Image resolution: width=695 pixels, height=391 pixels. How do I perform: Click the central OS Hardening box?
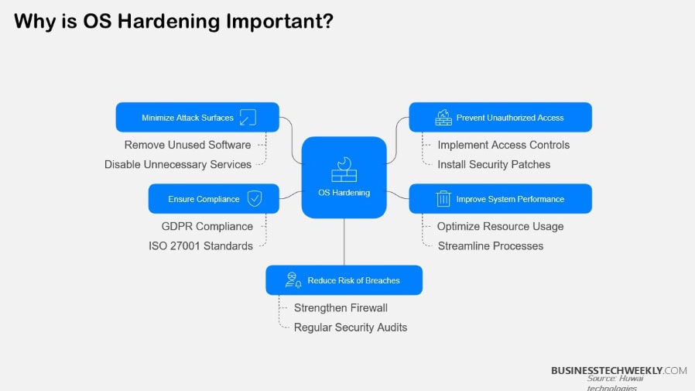pos(344,177)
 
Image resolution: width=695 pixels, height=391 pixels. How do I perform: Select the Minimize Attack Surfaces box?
pos(197,118)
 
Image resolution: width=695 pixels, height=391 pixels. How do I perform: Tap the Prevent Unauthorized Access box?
pos(500,118)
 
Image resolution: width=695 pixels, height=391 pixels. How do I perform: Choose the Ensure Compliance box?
pos(214,199)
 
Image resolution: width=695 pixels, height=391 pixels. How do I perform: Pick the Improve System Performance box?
pos(500,199)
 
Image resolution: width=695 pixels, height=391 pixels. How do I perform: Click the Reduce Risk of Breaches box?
pos(344,280)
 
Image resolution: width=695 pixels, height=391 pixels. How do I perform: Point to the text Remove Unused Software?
pos(187,145)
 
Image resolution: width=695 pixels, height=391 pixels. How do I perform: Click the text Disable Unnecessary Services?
pos(178,164)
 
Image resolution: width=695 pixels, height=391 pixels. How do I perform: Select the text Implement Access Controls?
pos(503,145)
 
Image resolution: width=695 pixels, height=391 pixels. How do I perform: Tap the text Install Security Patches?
pos(494,164)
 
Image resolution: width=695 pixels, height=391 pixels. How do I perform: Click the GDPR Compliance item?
pos(207,226)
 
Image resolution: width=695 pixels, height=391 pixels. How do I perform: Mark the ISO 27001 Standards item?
pos(200,245)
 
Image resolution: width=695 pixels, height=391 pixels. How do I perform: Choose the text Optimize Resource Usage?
pos(500,226)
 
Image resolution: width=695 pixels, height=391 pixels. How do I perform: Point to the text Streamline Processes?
pos(490,245)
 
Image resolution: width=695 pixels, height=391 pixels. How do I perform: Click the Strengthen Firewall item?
pos(341,307)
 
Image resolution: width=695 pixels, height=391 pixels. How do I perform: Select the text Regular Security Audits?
pos(350,327)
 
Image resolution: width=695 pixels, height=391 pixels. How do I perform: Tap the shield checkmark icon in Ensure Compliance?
pos(254,199)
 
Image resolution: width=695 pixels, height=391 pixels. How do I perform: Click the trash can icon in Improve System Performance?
pos(443,199)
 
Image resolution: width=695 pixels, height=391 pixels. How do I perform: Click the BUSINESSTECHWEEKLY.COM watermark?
pos(618,370)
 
